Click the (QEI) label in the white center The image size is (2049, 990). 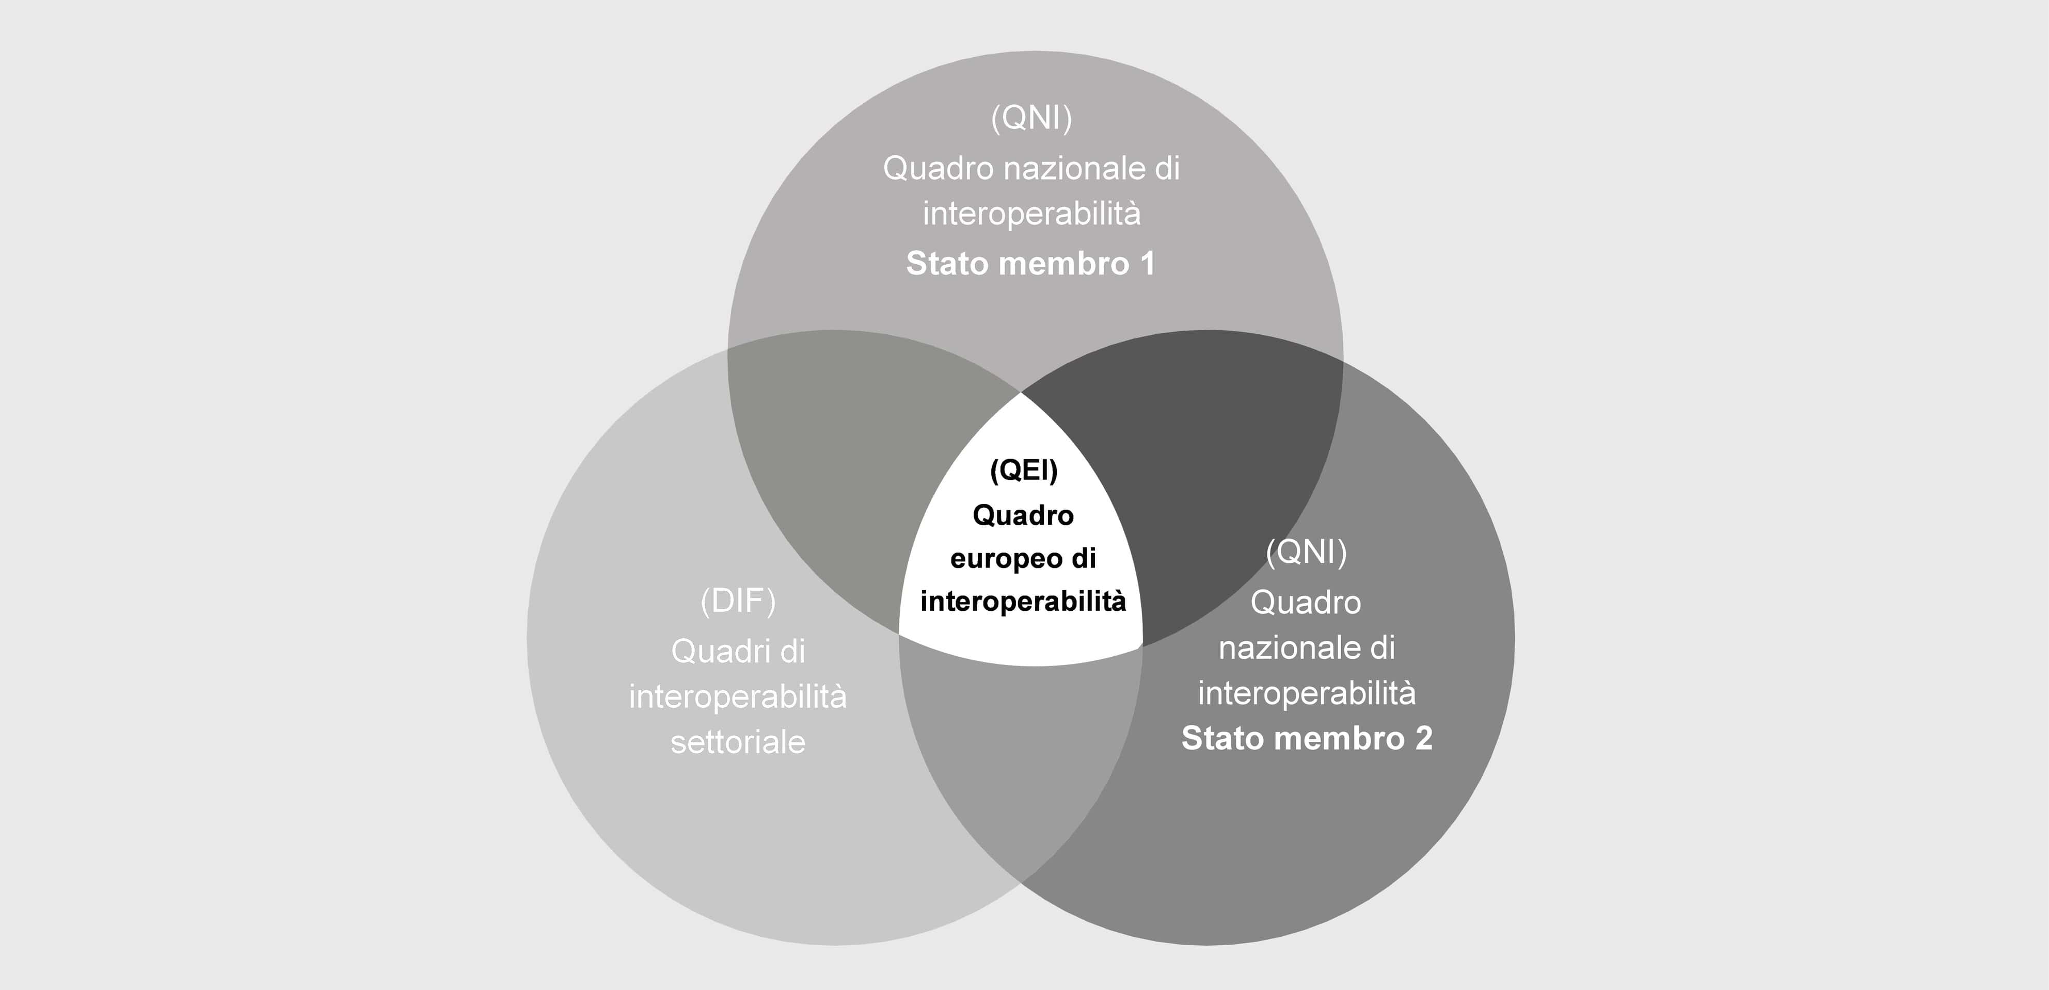tap(1024, 470)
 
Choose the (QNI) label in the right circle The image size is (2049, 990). tap(1306, 552)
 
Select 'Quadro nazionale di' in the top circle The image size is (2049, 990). tap(1031, 169)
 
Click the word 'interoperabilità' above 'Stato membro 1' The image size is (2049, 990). tap(1031, 214)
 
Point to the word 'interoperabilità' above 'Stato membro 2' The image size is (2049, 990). tap(1307, 693)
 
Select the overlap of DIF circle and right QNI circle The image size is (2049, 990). tap(1022, 764)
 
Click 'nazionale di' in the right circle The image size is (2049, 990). tap(1307, 648)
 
